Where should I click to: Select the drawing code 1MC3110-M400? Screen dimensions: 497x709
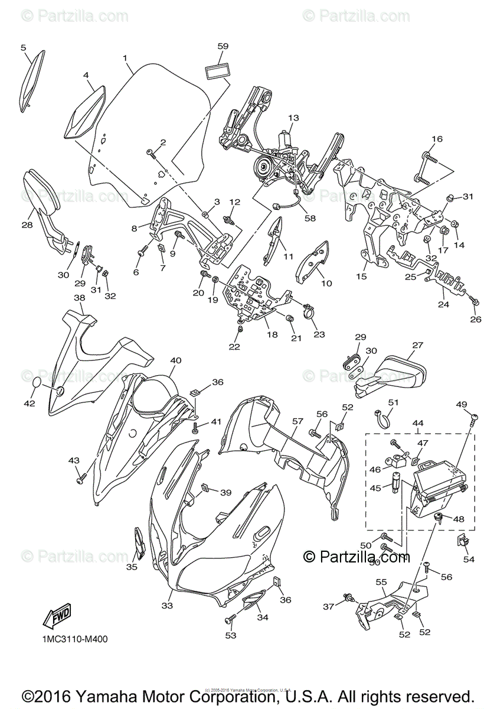pyautogui.click(x=74, y=639)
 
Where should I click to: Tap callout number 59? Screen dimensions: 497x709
pyautogui.click(x=223, y=46)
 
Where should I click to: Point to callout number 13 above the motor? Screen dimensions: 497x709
pyautogui.click(x=293, y=118)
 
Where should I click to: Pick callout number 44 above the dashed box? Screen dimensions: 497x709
pyautogui.click(x=418, y=424)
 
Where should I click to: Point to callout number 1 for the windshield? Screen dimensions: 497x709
pyautogui.click(x=125, y=58)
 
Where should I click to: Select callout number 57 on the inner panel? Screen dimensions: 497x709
pyautogui.click(x=297, y=421)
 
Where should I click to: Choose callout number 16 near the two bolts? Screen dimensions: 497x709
pyautogui.click(x=437, y=139)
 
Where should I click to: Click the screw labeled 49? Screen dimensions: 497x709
pyautogui.click(x=473, y=419)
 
